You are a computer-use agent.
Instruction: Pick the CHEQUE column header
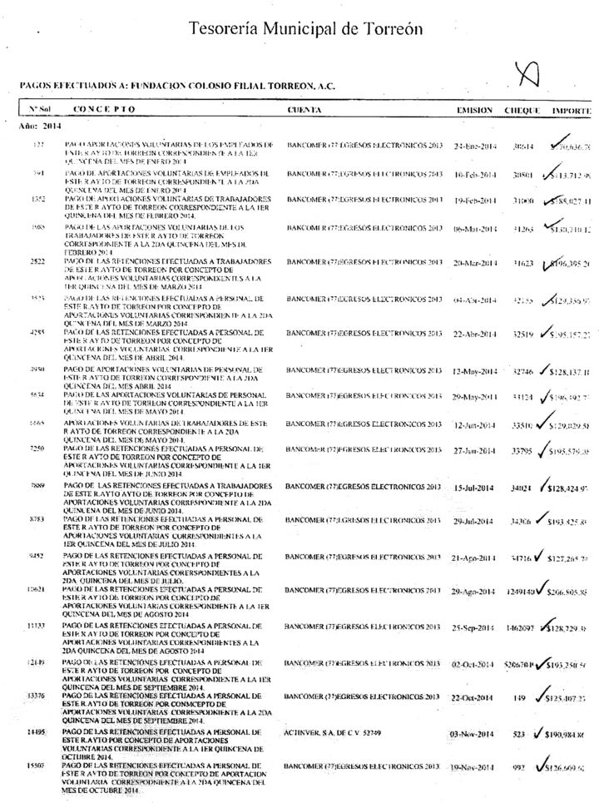click(x=523, y=110)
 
